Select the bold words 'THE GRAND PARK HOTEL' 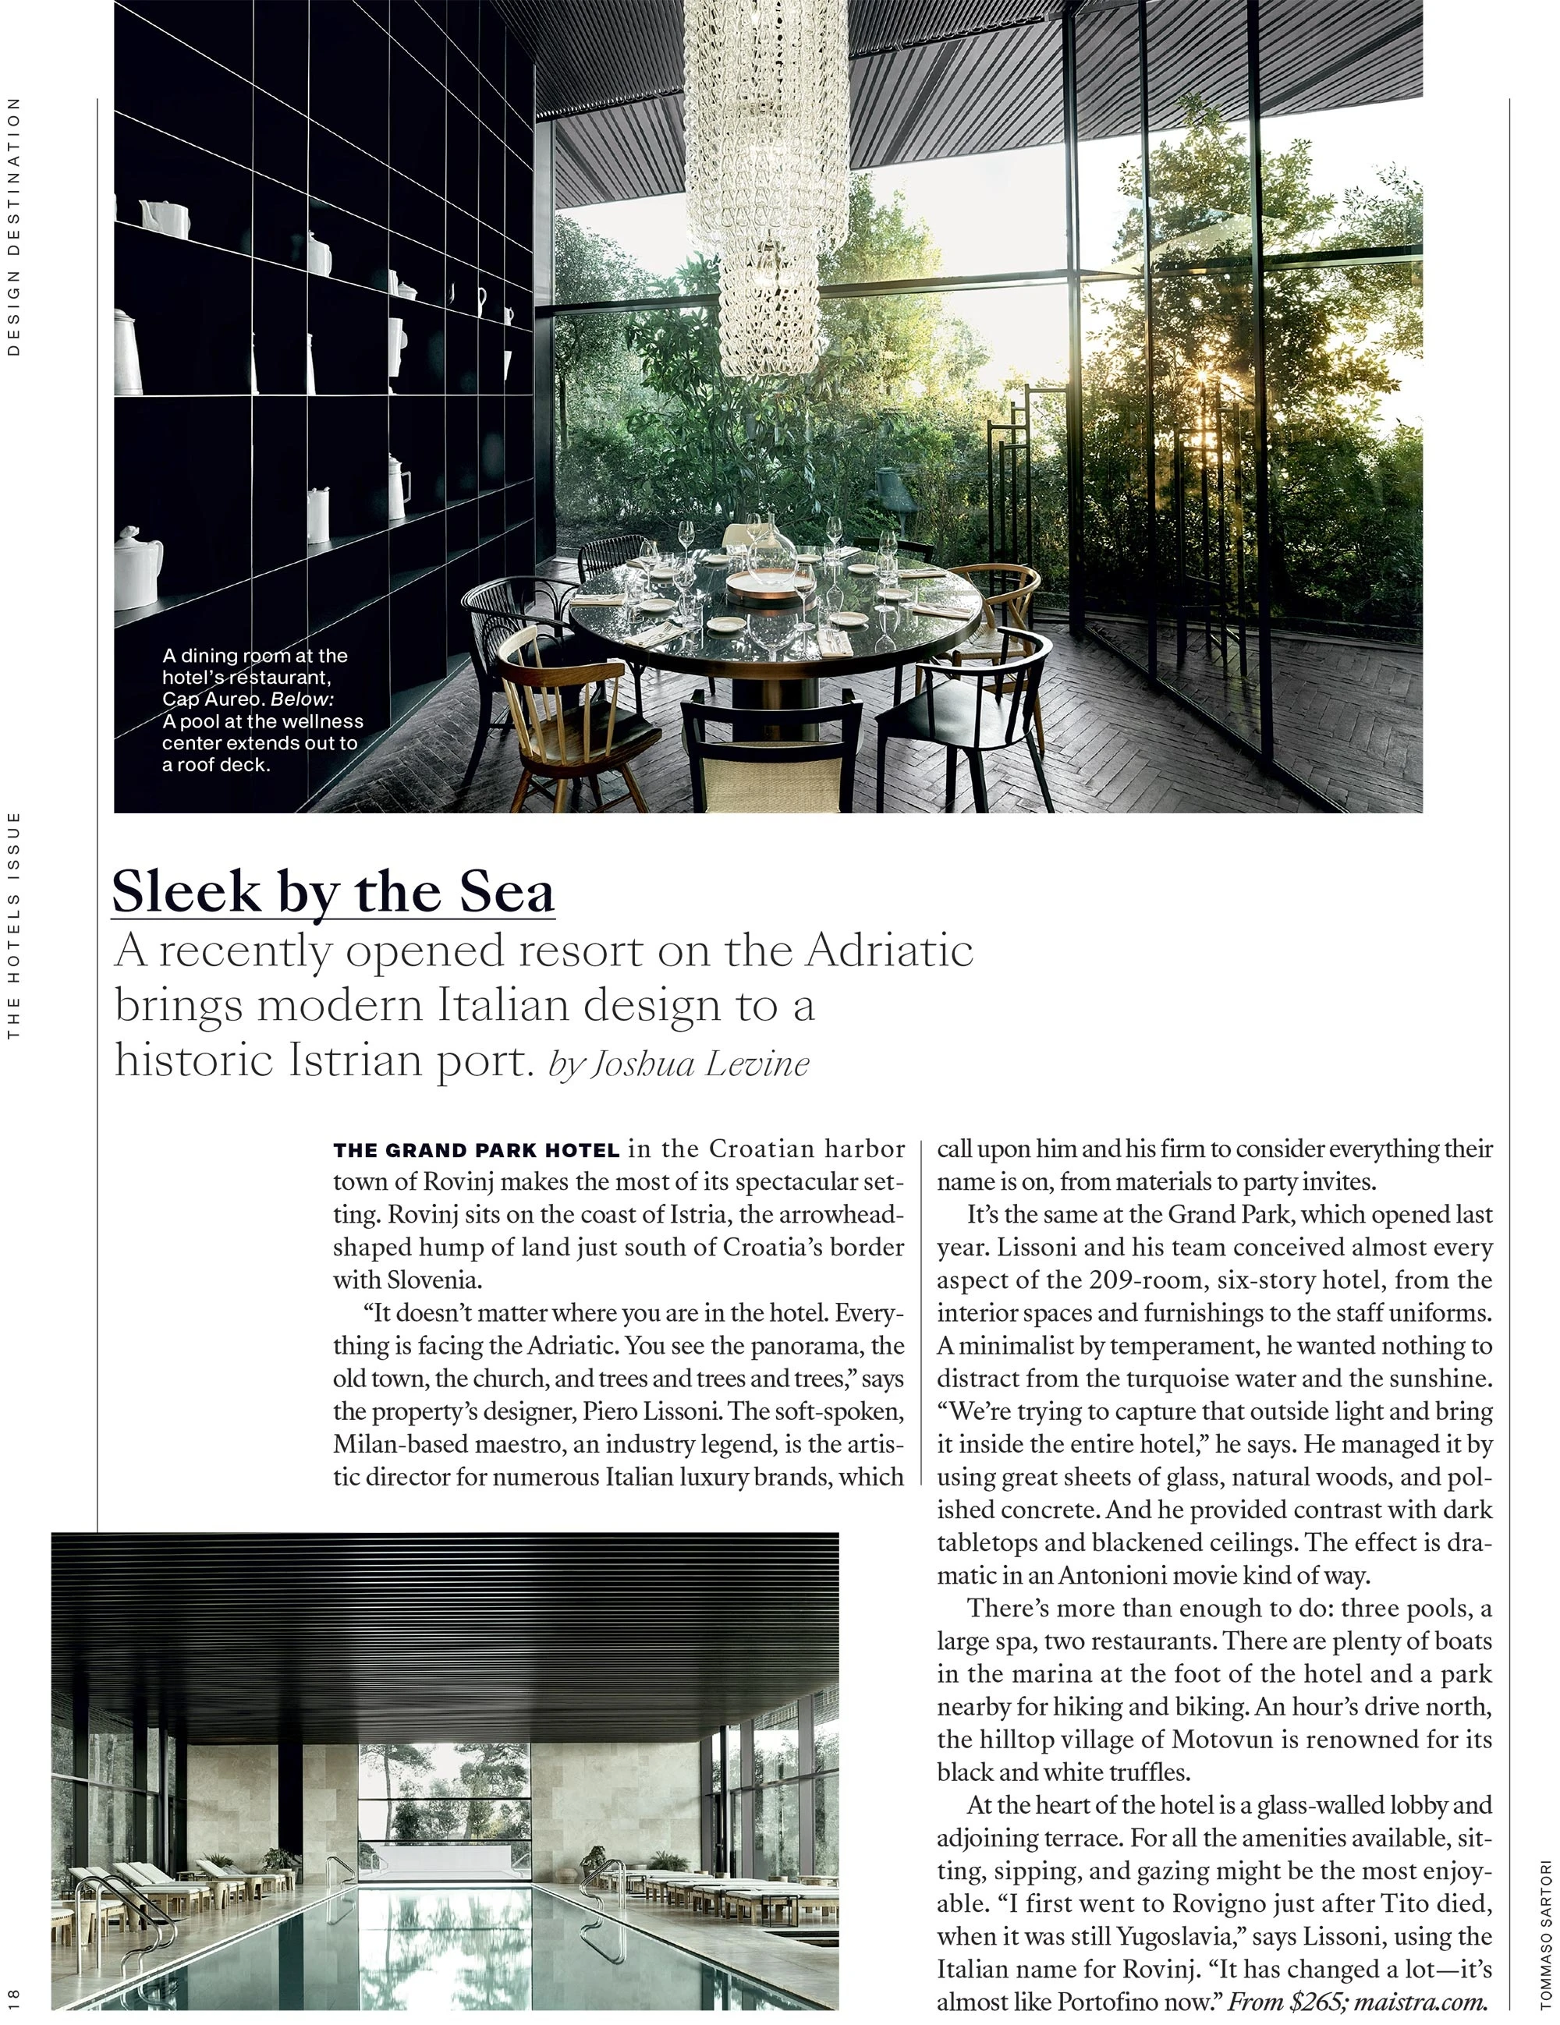pyautogui.click(x=476, y=1151)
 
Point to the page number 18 pyautogui.click(x=13, y=1994)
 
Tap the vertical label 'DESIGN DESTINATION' pyautogui.click(x=13, y=227)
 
